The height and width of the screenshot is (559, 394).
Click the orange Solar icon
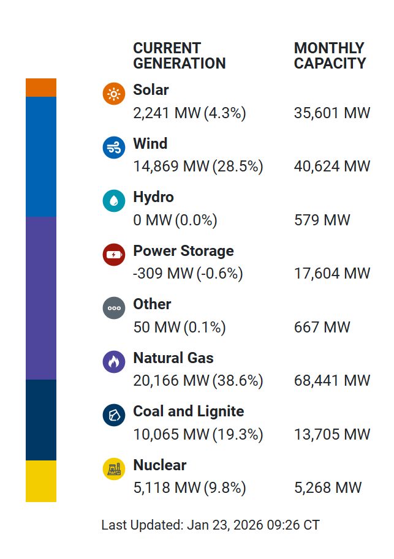tap(114, 94)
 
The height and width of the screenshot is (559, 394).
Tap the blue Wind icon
tap(114, 148)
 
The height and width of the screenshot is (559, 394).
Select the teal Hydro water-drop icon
tap(114, 201)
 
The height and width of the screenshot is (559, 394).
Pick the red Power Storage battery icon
tap(114, 255)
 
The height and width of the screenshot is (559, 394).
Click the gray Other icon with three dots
tap(114, 308)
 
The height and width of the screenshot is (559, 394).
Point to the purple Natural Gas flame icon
tap(114, 362)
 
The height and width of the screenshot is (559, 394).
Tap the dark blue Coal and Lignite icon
tap(114, 415)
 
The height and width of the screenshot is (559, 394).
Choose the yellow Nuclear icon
tap(114, 469)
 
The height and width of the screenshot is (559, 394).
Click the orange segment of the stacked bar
tap(41, 88)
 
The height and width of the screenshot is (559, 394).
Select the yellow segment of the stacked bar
tap(41, 481)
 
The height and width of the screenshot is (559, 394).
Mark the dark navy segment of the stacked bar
tap(41, 420)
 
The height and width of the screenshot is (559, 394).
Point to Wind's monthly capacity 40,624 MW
tap(332, 167)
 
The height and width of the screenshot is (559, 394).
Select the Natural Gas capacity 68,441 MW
tap(332, 381)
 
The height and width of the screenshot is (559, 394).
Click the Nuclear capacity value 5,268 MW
tap(328, 488)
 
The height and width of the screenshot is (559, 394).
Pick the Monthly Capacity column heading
tap(330, 56)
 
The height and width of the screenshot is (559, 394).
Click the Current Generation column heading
tap(180, 56)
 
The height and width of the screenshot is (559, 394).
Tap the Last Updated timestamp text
tap(210, 525)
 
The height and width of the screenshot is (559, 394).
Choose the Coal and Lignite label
tap(189, 411)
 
